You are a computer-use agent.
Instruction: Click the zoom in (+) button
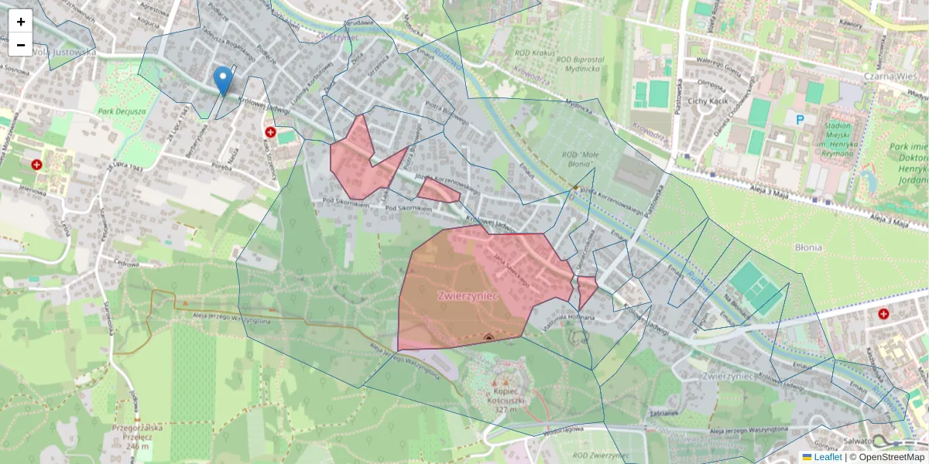click(x=21, y=22)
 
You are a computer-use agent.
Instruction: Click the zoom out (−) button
click(x=21, y=45)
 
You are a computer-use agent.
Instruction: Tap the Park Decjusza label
click(x=122, y=111)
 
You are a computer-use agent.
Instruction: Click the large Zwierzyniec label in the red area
click(x=466, y=295)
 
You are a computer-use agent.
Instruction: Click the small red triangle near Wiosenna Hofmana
click(x=586, y=292)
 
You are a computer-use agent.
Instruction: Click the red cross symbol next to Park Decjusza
click(x=36, y=165)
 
